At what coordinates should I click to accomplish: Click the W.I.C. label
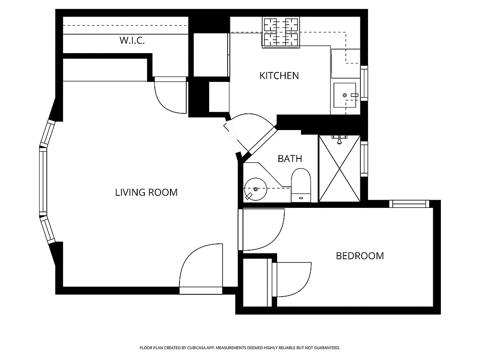click(132, 40)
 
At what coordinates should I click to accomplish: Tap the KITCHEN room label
click(279, 76)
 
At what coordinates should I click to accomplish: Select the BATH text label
click(290, 158)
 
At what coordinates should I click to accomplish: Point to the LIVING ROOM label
click(146, 193)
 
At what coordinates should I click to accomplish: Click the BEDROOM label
click(360, 256)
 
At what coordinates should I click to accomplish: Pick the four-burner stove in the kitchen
click(281, 32)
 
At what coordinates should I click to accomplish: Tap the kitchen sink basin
click(345, 95)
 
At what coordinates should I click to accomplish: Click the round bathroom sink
click(256, 189)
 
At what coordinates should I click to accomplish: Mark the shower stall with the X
click(339, 168)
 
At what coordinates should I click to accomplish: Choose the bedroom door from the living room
click(263, 229)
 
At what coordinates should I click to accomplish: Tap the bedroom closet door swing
click(292, 279)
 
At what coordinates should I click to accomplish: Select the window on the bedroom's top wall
click(409, 204)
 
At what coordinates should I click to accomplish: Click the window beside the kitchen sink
click(364, 83)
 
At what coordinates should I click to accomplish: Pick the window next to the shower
click(364, 159)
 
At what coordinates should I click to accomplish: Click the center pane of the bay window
click(43, 181)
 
